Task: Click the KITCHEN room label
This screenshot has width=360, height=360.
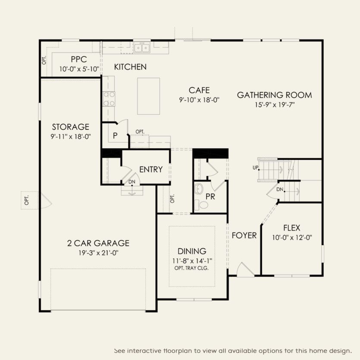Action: pyautogui.click(x=130, y=67)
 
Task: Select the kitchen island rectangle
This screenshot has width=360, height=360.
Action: pyautogui.click(x=149, y=96)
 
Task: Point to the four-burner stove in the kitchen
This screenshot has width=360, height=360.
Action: pyautogui.click(x=109, y=99)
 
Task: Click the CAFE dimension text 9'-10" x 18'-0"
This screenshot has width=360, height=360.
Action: pyautogui.click(x=199, y=100)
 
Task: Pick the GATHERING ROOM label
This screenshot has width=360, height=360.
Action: pyautogui.click(x=274, y=95)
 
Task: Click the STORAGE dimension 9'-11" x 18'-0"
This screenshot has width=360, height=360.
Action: pyautogui.click(x=71, y=136)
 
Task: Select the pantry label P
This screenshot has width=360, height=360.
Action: pyautogui.click(x=115, y=135)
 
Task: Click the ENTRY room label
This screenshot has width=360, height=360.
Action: pyautogui.click(x=151, y=169)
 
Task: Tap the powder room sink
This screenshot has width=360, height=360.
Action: pyautogui.click(x=199, y=188)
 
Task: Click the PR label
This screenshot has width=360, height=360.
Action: pyautogui.click(x=210, y=196)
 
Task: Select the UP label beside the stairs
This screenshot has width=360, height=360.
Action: pyautogui.click(x=256, y=167)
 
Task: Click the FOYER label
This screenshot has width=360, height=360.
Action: pyautogui.click(x=244, y=235)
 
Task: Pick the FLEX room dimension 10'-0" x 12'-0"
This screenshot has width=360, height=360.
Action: pyautogui.click(x=292, y=237)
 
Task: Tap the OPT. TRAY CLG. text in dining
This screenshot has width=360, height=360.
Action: pyautogui.click(x=192, y=268)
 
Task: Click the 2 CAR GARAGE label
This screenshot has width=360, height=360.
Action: pyautogui.click(x=98, y=243)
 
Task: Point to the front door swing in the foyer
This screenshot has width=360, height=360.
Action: pyautogui.click(x=243, y=269)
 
